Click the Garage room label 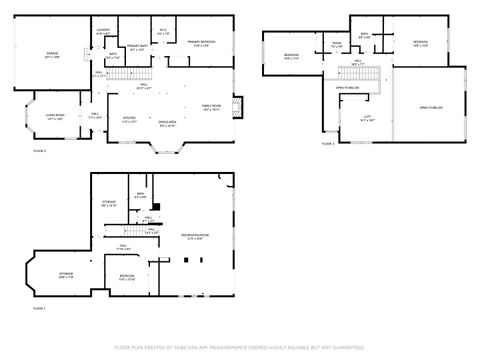(51, 54)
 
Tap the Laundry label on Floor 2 (103, 32)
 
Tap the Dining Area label (167, 123)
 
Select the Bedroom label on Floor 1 (127, 276)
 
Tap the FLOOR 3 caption (328, 145)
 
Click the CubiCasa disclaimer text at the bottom (240, 347)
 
